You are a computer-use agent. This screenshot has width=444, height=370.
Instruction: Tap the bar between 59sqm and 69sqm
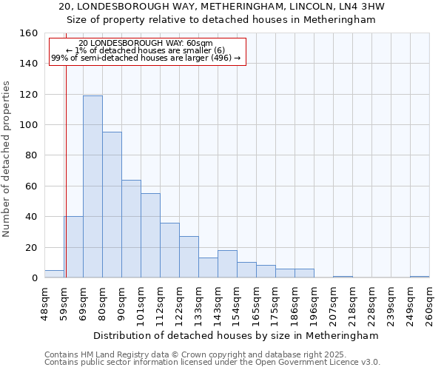point(73,247)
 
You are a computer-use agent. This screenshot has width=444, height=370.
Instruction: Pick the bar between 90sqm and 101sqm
point(131,229)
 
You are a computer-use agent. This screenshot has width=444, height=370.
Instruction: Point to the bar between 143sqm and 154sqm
point(227,264)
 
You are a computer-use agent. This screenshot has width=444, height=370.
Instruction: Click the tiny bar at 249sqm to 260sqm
point(420,277)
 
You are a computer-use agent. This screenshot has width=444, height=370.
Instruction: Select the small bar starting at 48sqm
point(54,274)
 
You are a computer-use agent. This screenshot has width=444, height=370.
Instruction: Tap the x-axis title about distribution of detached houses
point(237,335)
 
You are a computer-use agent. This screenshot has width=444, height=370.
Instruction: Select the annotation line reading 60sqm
point(146,44)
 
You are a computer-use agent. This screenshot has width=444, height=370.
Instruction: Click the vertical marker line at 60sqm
point(66,185)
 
